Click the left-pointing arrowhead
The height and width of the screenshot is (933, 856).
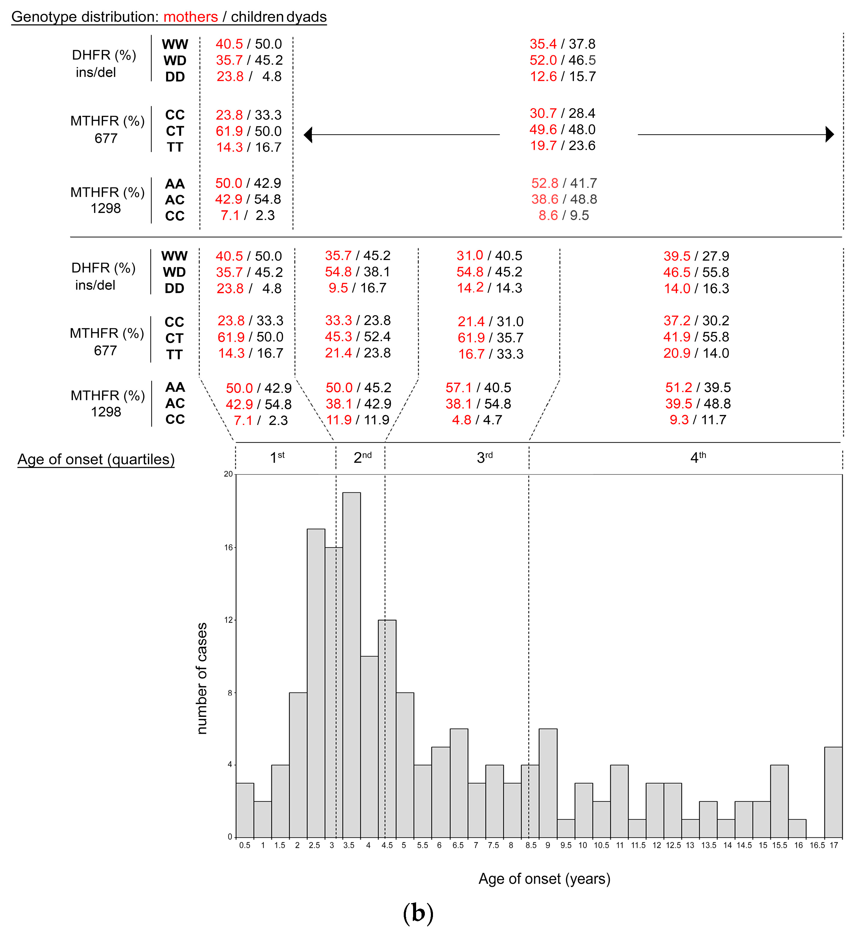(x=308, y=135)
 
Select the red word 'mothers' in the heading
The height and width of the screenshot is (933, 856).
(x=190, y=17)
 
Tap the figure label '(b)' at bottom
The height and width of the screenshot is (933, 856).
(x=418, y=913)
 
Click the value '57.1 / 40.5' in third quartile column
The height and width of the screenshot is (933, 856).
(x=478, y=387)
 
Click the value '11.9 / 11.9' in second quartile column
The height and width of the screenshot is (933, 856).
(x=358, y=420)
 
